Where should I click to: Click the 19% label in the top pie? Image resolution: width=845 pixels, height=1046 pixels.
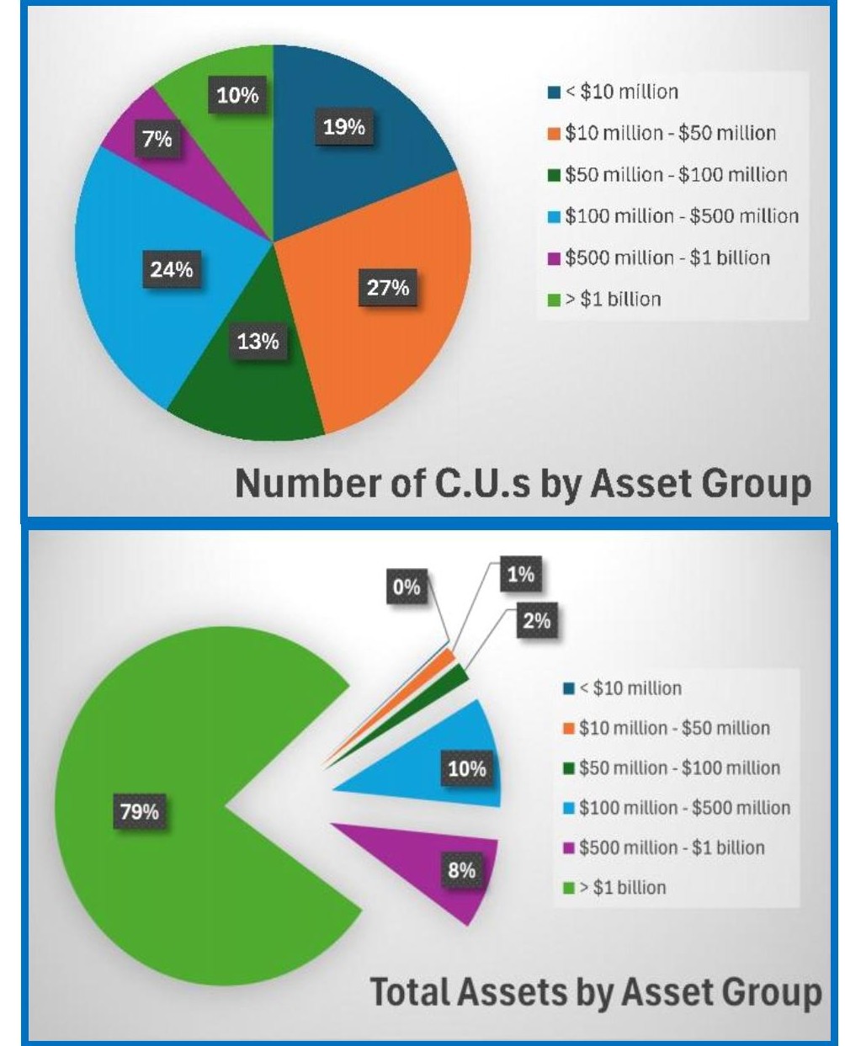click(344, 128)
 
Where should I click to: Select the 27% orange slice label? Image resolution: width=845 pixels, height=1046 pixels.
click(388, 288)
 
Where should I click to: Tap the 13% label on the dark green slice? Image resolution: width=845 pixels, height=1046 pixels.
click(258, 342)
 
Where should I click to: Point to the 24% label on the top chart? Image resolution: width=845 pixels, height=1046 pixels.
click(172, 270)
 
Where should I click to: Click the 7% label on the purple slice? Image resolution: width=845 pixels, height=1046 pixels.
click(157, 139)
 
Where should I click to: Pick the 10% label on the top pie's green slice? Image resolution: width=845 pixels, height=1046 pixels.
click(237, 96)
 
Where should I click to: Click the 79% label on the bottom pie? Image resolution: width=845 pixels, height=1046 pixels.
click(140, 812)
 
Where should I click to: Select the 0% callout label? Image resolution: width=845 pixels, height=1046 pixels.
click(406, 587)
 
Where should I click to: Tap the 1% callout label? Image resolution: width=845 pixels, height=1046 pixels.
click(520, 575)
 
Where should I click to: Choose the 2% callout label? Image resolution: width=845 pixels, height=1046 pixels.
click(536, 621)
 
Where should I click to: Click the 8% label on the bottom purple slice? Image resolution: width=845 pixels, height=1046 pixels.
click(461, 870)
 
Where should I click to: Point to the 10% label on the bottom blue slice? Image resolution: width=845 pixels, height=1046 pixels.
click(467, 769)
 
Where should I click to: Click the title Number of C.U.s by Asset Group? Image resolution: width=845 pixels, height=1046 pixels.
click(523, 484)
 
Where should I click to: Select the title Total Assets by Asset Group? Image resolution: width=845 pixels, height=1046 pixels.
click(596, 992)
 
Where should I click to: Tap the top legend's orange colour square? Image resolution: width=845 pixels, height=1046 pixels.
click(554, 134)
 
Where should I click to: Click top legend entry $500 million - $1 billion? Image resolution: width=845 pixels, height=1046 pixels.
click(667, 258)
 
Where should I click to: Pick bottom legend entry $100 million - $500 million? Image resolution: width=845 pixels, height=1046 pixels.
click(684, 808)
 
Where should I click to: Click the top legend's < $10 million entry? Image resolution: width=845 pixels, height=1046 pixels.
click(621, 92)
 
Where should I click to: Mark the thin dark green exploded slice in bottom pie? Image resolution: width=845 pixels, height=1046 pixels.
click(456, 674)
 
